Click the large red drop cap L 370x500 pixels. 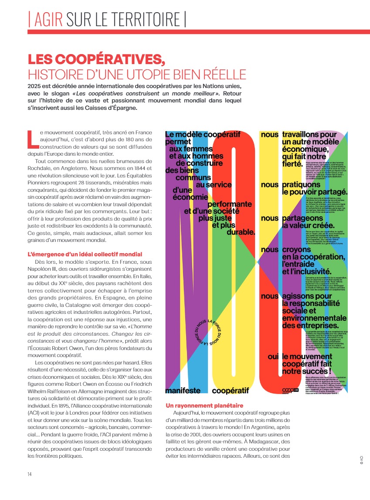tap(32, 139)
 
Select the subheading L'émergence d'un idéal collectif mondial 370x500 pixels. tap(85, 254)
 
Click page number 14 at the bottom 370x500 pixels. tap(30, 474)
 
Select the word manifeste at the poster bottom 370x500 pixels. tap(183, 390)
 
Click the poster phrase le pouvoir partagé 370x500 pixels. tap(314, 192)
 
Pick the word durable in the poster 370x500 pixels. tap(240, 233)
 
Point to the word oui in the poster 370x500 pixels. tap(273, 356)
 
